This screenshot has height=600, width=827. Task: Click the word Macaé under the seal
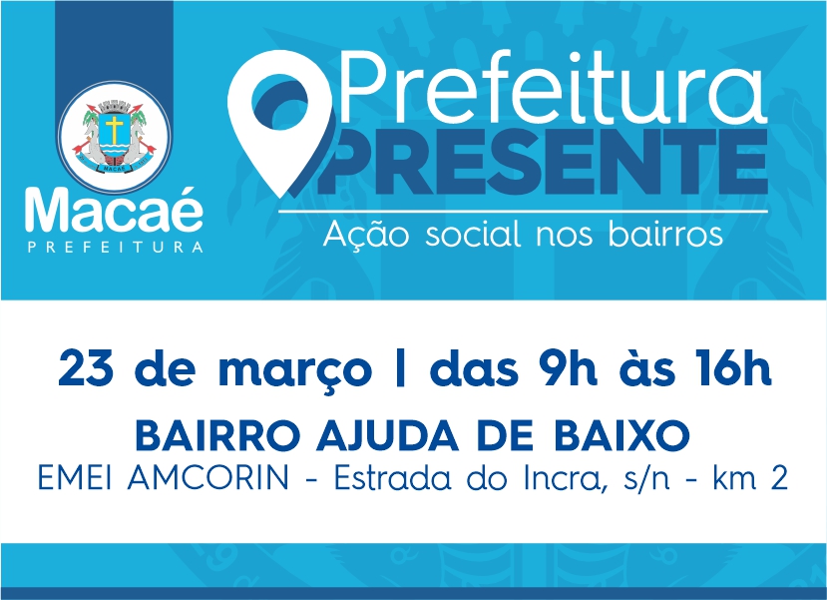pos(114,210)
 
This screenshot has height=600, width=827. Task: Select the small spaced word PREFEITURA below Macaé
pos(115,247)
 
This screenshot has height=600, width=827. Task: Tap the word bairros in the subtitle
pos(664,234)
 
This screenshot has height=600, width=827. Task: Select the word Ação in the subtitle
pos(366,235)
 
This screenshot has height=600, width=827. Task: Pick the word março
pos(295,371)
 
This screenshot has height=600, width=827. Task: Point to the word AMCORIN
pos(207,479)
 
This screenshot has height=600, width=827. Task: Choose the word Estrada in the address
pos(392,479)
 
